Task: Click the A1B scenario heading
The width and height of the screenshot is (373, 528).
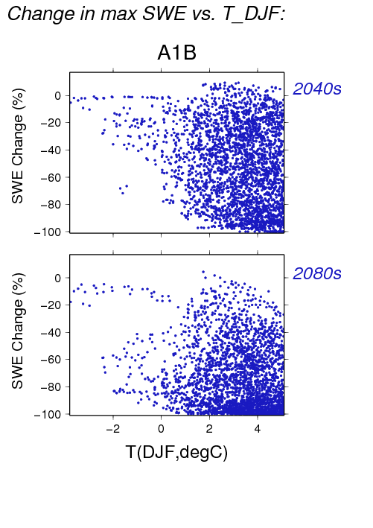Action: [176, 53]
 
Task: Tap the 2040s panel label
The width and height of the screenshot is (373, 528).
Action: [317, 89]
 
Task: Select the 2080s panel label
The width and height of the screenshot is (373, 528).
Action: [317, 273]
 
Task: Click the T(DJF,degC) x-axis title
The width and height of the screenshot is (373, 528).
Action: [176, 452]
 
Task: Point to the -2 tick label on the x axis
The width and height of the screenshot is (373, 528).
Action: [112, 429]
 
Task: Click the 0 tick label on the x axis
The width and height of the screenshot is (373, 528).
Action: [162, 429]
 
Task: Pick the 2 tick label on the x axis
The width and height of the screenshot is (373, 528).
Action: [209, 429]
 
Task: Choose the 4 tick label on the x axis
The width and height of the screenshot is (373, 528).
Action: [258, 429]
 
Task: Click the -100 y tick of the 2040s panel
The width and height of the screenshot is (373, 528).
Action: [48, 232]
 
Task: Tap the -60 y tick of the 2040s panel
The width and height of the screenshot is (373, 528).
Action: [51, 177]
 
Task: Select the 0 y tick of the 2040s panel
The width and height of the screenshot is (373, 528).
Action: [58, 95]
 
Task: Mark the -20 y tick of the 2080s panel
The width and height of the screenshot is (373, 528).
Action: [51, 305]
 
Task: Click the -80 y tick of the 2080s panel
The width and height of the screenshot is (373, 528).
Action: [51, 387]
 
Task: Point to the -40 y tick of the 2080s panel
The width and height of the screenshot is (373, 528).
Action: [51, 332]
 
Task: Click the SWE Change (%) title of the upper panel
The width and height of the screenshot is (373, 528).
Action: [18, 146]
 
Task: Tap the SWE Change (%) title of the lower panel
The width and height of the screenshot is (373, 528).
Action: [18, 331]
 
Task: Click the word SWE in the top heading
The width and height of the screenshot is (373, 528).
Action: [164, 14]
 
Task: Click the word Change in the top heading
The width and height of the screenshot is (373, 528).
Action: [41, 15]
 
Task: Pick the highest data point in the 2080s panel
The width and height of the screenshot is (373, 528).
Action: [203, 271]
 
